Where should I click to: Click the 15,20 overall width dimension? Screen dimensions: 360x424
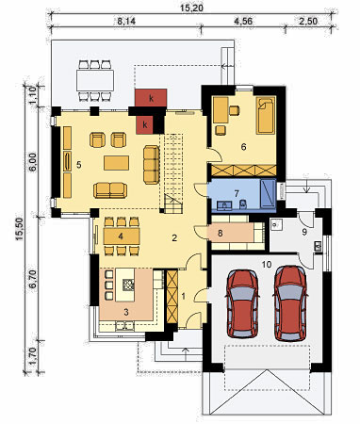coord(191,8)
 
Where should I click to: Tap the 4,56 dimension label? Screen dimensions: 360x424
coord(243,22)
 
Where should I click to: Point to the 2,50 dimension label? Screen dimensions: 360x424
coord(308,22)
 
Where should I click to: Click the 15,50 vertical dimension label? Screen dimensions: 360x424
coord(20,229)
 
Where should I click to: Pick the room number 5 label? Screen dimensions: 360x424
coord(79,165)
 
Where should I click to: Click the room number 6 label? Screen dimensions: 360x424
coord(243,147)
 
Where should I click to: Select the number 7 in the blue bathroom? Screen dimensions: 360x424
coord(237,193)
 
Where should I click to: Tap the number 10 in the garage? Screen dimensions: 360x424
coord(267,265)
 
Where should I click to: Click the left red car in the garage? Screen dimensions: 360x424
coord(242,303)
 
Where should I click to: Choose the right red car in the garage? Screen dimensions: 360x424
coord(290,303)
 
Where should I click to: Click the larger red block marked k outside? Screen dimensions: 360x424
coord(151,98)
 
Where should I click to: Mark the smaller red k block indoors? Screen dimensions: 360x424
coord(145,125)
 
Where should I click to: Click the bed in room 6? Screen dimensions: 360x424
coord(266,115)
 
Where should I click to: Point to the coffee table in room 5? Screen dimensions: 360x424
coord(116,163)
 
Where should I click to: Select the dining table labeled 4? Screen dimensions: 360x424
coord(122,236)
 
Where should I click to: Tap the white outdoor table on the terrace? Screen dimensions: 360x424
coord(95,80)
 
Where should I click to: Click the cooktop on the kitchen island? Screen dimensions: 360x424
coord(128,285)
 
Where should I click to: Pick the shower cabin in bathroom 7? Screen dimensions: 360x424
coord(268,193)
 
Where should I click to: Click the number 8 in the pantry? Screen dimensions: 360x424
coord(221,234)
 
